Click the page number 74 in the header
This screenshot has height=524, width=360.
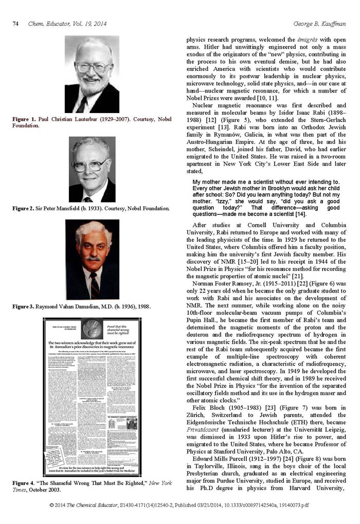pyautogui.click(x=15, y=24)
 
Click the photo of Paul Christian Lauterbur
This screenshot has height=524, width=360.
pyautogui.click(x=92, y=74)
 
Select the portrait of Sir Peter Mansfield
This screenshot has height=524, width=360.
pyautogui.click(x=92, y=169)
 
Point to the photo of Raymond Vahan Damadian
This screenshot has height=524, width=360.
pyautogui.click(x=92, y=259)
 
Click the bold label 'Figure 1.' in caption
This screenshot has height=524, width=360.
pyautogui.click(x=24, y=119)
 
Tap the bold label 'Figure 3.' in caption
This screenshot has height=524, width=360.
pyautogui.click(x=24, y=306)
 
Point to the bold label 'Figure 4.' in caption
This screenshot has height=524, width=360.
pyautogui.click(x=24, y=484)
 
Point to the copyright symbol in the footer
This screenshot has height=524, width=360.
pyautogui.click(x=52, y=505)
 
